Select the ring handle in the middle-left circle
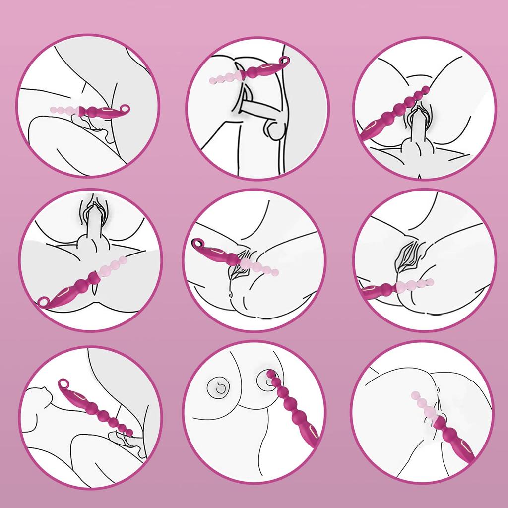point(45,301)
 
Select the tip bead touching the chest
point(270,374)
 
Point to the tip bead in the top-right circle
point(426,89)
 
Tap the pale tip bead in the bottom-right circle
point(415,395)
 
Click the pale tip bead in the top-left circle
point(54,109)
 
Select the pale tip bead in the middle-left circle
point(124,259)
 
